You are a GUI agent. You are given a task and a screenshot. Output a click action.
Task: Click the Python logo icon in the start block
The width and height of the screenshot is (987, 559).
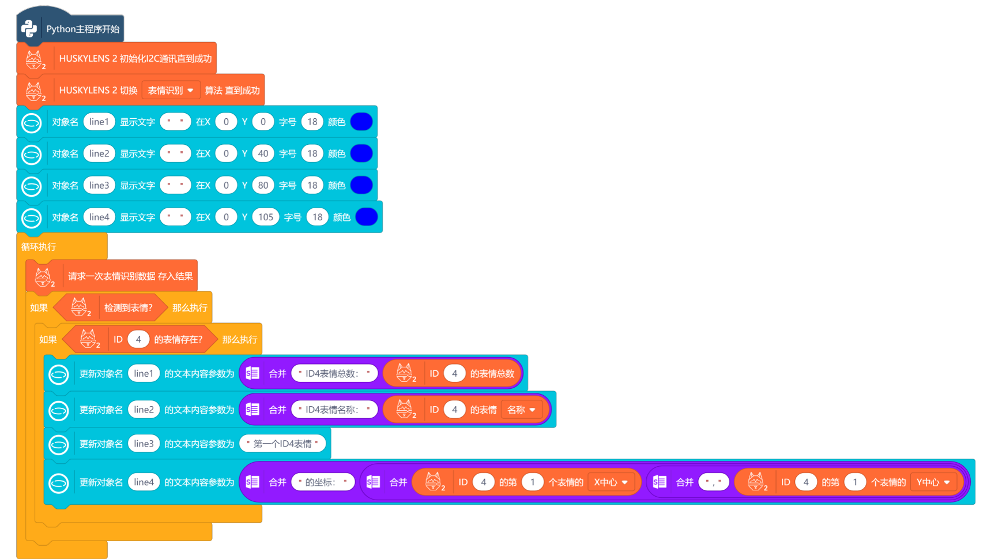click(29, 29)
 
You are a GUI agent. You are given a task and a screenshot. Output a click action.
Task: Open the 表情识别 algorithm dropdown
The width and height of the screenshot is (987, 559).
click(171, 90)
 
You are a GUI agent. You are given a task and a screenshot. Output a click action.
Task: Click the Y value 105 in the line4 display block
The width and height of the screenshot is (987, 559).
click(265, 217)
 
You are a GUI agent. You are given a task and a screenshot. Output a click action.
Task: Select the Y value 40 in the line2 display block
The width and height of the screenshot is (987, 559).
click(263, 153)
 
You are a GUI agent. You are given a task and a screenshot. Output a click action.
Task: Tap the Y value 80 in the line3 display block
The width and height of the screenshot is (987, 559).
click(263, 185)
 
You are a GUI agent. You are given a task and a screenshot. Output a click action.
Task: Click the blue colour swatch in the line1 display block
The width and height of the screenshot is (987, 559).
click(361, 122)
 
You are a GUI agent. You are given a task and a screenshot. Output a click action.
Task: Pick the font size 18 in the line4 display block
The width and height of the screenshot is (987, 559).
click(317, 217)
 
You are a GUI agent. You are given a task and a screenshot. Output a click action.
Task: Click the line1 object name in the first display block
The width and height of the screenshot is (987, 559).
click(99, 122)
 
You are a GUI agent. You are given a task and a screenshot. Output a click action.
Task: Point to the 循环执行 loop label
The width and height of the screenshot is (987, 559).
click(39, 247)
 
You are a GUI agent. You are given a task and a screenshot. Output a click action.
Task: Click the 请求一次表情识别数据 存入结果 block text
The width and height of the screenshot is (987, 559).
click(130, 276)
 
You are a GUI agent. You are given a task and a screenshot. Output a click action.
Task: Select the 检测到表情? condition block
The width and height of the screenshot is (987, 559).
click(128, 308)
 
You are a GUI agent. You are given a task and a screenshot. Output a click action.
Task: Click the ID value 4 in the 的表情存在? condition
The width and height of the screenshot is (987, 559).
click(138, 340)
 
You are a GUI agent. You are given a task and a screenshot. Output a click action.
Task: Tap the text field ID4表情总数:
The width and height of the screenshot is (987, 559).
click(334, 373)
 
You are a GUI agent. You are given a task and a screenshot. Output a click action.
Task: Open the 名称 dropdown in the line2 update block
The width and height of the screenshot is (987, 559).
click(521, 410)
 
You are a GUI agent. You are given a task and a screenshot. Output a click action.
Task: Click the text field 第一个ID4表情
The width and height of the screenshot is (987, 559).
click(282, 444)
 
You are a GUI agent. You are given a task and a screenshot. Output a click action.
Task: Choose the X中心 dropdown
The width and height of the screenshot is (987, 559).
click(611, 482)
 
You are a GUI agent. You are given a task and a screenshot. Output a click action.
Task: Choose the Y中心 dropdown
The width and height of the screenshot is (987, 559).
click(933, 482)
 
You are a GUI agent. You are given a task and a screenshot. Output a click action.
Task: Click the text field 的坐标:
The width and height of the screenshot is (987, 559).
click(323, 482)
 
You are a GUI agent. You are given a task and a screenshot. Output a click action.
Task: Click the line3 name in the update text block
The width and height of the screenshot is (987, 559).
click(144, 444)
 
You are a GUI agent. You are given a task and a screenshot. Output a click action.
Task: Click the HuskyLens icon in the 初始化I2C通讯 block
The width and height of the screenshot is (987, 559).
click(34, 59)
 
